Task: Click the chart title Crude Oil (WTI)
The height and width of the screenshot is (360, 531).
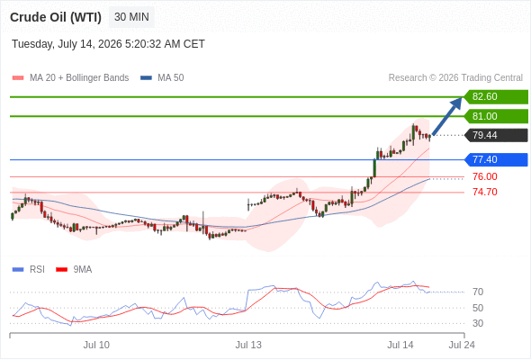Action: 56,17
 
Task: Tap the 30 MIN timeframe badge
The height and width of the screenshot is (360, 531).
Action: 131,17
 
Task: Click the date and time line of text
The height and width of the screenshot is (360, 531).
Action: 108,44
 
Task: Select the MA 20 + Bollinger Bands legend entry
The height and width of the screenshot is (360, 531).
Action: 70,78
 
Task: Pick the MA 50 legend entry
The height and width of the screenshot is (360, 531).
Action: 162,78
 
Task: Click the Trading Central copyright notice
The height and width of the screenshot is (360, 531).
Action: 455,78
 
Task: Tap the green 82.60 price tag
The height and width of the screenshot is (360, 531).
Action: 496,97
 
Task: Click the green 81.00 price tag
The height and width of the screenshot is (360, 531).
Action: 496,116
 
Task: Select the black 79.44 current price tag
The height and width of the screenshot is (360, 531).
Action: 496,136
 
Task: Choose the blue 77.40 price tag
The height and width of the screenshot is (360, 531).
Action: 496,159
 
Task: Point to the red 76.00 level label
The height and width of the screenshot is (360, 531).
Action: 485,176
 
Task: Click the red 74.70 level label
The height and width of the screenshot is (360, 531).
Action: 485,192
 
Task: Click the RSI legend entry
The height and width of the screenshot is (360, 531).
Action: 29,270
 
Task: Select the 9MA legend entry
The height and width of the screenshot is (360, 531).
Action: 74,270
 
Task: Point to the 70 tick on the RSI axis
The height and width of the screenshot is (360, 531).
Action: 478,292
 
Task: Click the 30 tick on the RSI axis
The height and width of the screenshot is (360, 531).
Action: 478,323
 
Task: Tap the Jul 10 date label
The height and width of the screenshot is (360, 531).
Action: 96,345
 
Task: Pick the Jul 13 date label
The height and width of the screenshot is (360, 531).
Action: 248,345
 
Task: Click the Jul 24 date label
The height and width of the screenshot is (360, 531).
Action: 462,345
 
